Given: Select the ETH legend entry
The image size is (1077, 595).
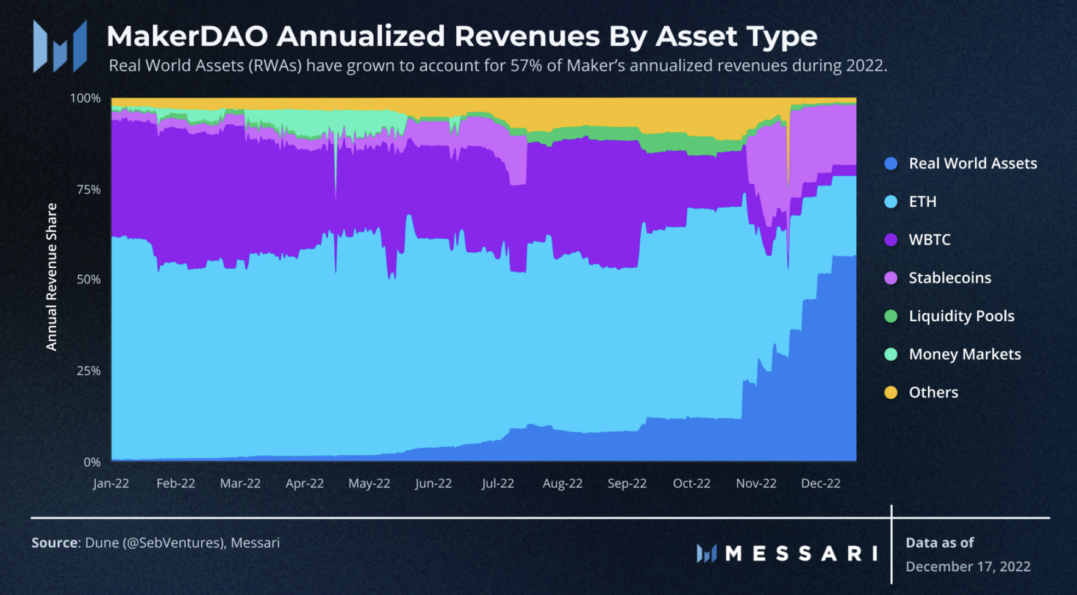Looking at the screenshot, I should [922, 202].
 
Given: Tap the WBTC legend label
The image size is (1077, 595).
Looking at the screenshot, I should [929, 240].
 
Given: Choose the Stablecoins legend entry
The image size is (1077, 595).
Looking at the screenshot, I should [950, 278].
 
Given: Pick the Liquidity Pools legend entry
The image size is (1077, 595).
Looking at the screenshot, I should [961, 316].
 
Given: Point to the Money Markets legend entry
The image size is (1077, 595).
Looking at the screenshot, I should [964, 354].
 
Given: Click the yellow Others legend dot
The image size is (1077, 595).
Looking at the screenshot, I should [891, 393].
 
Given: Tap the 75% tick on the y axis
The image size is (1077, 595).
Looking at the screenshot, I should [88, 190].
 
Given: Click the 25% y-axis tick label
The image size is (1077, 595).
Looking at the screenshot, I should [88, 371].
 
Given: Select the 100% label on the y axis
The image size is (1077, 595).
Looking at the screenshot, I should [85, 98].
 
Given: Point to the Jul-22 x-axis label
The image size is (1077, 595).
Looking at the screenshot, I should [498, 483].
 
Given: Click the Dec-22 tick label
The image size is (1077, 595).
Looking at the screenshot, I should [820, 483].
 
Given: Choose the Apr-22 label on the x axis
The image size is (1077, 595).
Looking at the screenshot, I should [304, 483].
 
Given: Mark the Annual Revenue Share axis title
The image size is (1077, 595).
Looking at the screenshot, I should [52, 277].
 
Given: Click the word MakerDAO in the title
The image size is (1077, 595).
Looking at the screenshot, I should [187, 37].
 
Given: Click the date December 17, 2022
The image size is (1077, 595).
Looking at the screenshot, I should [968, 566].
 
